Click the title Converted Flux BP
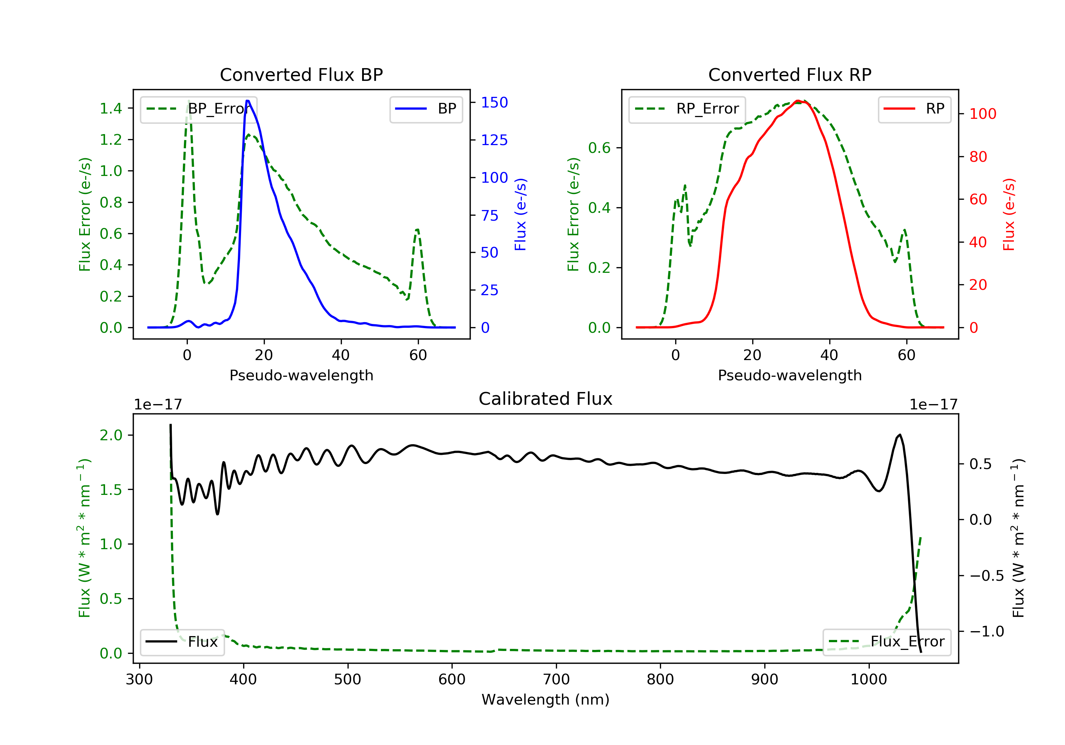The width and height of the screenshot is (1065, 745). (x=301, y=74)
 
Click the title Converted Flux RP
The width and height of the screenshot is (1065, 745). (x=790, y=74)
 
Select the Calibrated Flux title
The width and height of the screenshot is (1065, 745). (x=546, y=399)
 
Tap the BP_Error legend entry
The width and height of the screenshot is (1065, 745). (x=198, y=109)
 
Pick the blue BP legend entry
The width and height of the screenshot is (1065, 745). (x=426, y=109)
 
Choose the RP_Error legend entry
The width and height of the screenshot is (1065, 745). (x=687, y=109)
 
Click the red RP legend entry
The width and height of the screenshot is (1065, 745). (x=914, y=109)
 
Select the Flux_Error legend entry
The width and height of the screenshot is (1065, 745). (x=886, y=642)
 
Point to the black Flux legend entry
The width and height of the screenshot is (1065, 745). (x=182, y=642)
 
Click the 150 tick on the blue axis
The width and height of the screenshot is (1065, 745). (x=495, y=103)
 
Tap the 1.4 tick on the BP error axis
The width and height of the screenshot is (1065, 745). (x=111, y=109)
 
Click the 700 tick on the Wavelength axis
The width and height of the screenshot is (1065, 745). (x=556, y=680)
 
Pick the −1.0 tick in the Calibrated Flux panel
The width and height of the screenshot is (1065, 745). (x=987, y=631)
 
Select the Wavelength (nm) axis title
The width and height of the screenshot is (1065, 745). (x=546, y=700)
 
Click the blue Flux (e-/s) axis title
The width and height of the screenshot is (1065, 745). (x=520, y=214)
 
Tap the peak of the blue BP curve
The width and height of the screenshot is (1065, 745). (x=248, y=101)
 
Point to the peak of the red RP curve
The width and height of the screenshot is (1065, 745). (x=797, y=101)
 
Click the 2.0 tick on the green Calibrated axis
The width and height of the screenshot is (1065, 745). (x=111, y=435)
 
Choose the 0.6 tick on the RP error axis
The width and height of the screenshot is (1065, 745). (x=599, y=148)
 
